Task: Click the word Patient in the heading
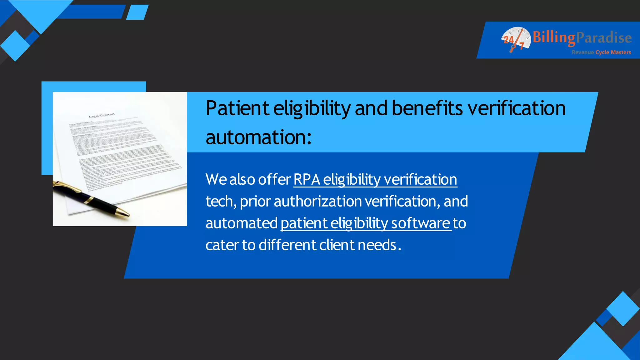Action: (237, 108)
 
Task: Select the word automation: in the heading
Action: (258, 137)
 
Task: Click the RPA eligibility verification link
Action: (375, 180)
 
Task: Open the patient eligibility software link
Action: (366, 223)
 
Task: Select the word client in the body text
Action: (337, 245)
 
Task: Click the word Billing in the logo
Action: (554, 38)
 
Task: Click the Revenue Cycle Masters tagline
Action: (601, 52)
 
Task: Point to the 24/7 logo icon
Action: (515, 39)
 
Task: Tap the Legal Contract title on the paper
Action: (102, 116)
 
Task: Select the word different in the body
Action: (287, 245)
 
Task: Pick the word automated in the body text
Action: (241, 223)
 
